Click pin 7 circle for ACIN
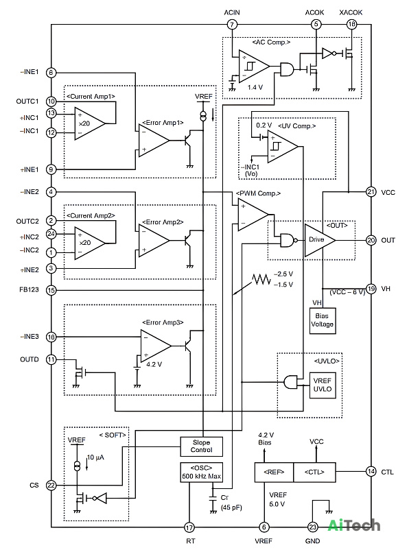[x=232, y=25]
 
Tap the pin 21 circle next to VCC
[x=371, y=192]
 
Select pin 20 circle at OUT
[x=371, y=240]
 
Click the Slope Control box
[x=202, y=446]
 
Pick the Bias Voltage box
[x=323, y=320]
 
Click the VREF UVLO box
[x=323, y=385]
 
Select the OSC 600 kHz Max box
[x=202, y=472]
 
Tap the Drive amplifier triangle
[x=320, y=240]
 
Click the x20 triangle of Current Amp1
[x=89, y=124]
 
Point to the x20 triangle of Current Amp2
[x=89, y=243]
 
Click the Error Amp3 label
[x=163, y=322]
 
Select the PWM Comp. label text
[x=259, y=193]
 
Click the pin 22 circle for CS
[x=51, y=485]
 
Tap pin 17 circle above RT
[x=189, y=527]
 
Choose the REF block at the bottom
[x=274, y=472]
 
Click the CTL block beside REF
[x=314, y=472]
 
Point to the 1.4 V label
[x=255, y=87]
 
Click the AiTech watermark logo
[x=354, y=525]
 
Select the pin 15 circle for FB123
[x=51, y=290]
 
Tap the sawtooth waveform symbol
[x=261, y=279]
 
